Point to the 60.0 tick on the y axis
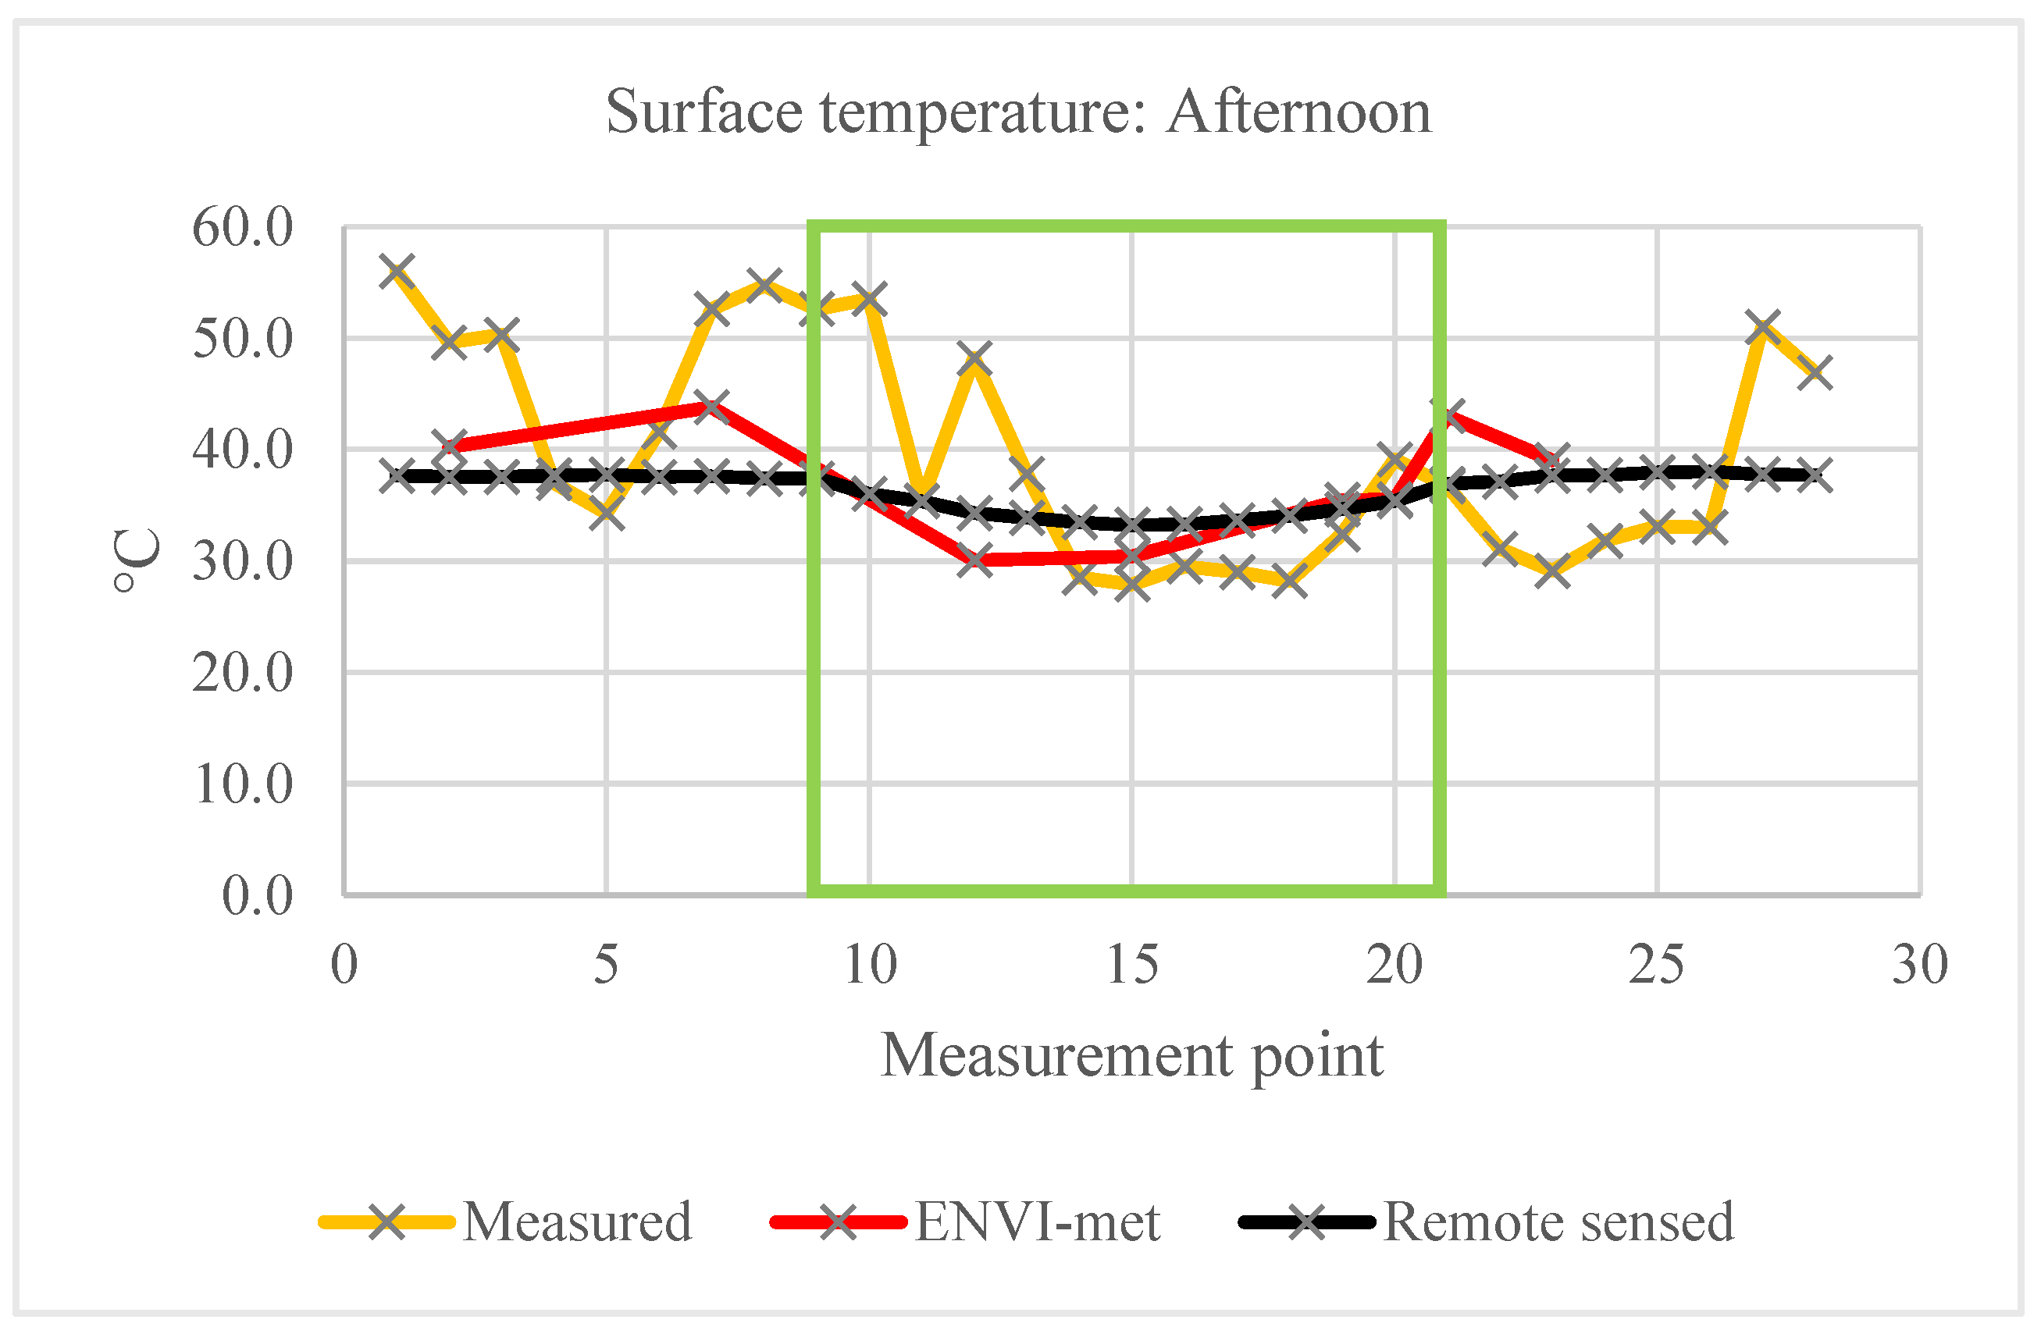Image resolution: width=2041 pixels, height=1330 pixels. [x=243, y=227]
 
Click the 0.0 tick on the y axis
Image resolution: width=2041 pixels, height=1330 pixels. [x=257, y=895]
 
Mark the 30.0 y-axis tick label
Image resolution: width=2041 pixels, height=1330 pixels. [x=243, y=562]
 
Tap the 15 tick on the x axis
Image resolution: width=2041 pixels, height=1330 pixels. [x=1132, y=964]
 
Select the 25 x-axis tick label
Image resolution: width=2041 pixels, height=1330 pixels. [x=1656, y=964]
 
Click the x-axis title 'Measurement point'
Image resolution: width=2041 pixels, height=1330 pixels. [x=1132, y=1054]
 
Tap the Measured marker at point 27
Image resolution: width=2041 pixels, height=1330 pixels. [x=1762, y=328]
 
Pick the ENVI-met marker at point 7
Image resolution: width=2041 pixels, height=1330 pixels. [x=712, y=406]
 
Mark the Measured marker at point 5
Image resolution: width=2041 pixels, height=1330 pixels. [x=607, y=514]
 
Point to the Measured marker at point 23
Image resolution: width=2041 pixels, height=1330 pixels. [x=1552, y=571]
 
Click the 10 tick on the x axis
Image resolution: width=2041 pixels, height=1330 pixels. [x=870, y=964]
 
